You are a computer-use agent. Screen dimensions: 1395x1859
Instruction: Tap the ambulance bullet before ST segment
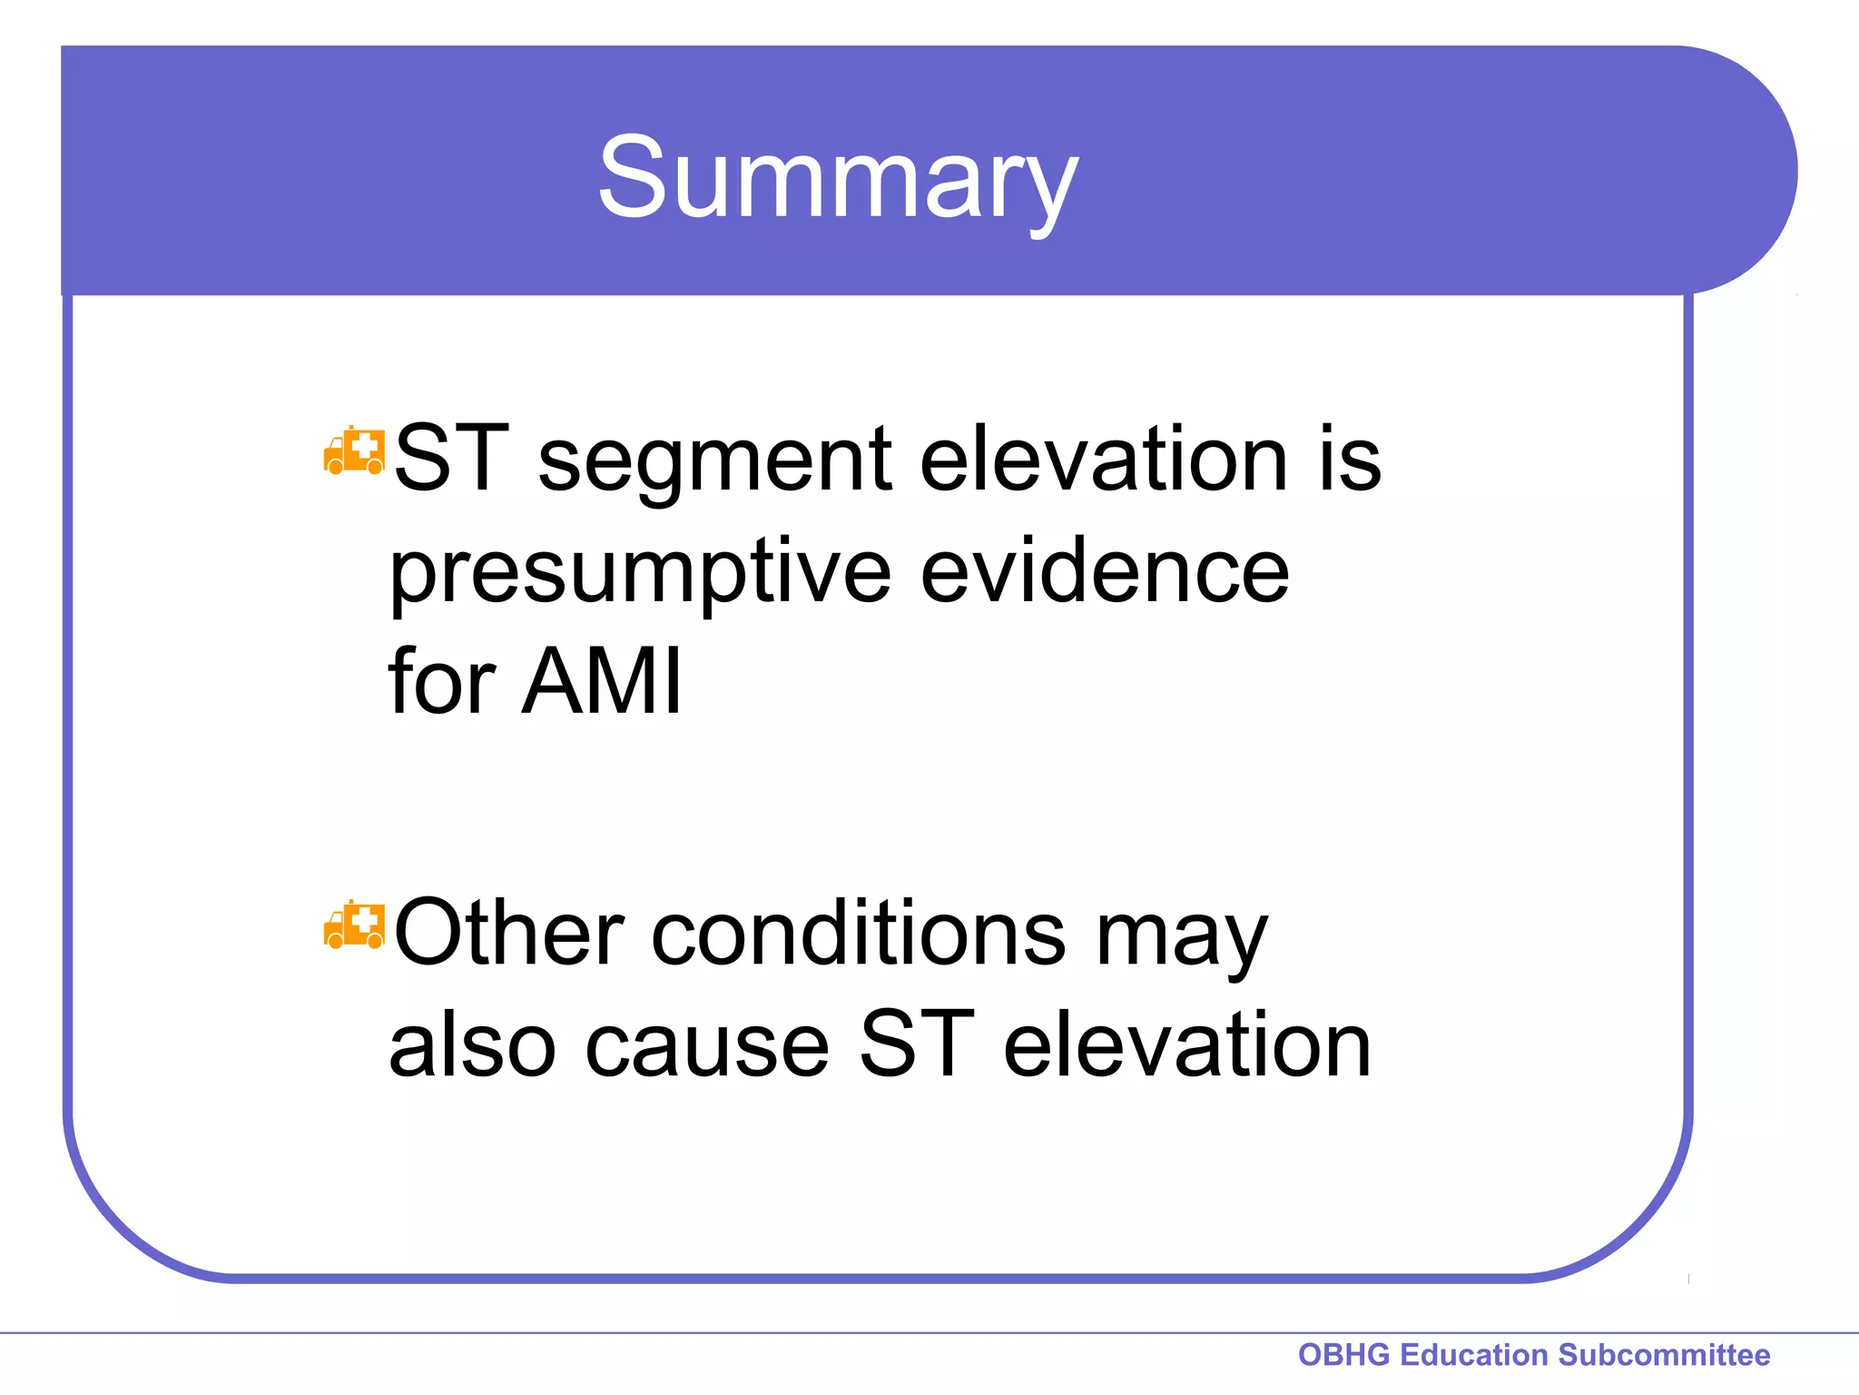coord(354,450)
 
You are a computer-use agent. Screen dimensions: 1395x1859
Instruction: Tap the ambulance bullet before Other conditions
coord(354,925)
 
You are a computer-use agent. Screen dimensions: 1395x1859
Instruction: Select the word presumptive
coord(641,574)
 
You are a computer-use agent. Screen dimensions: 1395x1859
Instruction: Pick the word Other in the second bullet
coord(509,934)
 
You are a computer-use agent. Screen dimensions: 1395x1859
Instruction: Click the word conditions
coord(859,934)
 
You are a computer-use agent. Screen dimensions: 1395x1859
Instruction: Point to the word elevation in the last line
coord(1187,1046)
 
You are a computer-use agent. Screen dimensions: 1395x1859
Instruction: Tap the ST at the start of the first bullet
coord(451,460)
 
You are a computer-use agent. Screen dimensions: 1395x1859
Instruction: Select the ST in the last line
coord(916,1046)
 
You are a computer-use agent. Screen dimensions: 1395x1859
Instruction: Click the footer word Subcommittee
coord(1664,1355)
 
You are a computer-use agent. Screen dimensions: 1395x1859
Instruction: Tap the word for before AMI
coord(442,681)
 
